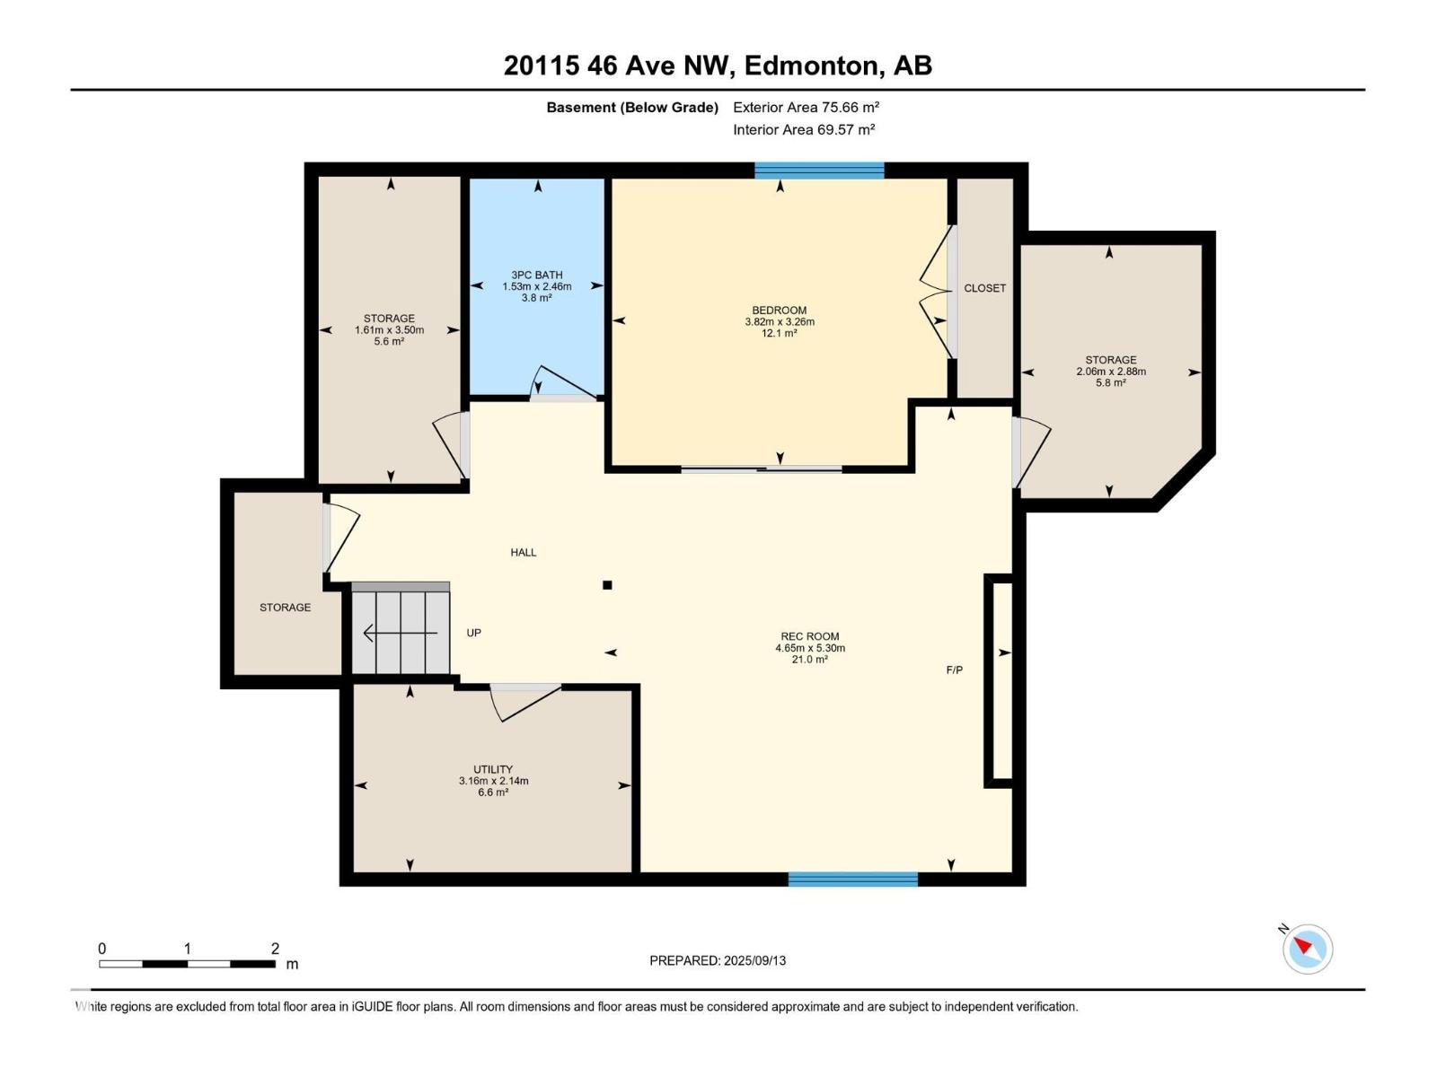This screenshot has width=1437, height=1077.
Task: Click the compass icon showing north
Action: [x=1307, y=949]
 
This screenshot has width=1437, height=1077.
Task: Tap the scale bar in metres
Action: [x=187, y=964]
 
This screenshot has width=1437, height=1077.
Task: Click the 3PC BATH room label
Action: [x=537, y=276]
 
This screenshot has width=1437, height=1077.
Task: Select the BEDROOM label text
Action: [x=779, y=311]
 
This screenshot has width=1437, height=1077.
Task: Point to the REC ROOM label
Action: [x=810, y=636]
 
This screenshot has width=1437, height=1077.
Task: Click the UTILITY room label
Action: [x=493, y=770]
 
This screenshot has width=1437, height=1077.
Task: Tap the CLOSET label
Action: [x=984, y=288]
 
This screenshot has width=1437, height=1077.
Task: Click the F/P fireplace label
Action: [x=955, y=670]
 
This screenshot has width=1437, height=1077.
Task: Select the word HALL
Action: [x=523, y=553]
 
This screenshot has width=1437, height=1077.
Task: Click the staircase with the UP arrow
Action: [x=401, y=627]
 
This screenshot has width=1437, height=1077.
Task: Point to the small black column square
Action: [x=607, y=585]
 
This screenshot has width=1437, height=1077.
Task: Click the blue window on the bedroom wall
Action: [x=819, y=171]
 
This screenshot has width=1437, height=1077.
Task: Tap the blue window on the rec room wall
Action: [x=852, y=880]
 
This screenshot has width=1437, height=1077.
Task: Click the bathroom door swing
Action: [x=563, y=382]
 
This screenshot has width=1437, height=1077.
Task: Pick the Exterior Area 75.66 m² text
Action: [x=806, y=108]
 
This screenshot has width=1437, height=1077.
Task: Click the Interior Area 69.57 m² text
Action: [x=804, y=130]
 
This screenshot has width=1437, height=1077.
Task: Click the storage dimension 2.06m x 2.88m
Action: [x=1111, y=372]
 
